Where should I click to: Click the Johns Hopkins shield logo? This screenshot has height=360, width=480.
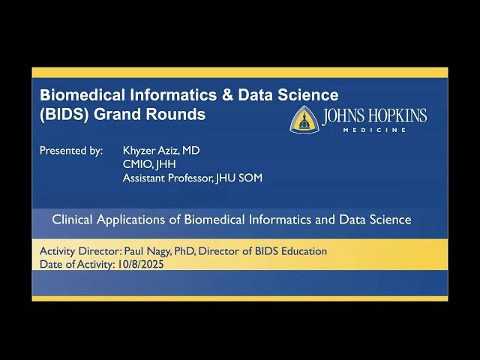[x=304, y=119]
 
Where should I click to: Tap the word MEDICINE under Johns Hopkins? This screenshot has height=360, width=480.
[x=374, y=130]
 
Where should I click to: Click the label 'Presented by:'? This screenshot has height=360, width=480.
[x=71, y=151]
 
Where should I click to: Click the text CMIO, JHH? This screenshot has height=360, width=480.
[x=149, y=164]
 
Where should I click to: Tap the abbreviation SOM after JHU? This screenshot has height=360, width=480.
[x=250, y=178]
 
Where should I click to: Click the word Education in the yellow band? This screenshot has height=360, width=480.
[x=303, y=251]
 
